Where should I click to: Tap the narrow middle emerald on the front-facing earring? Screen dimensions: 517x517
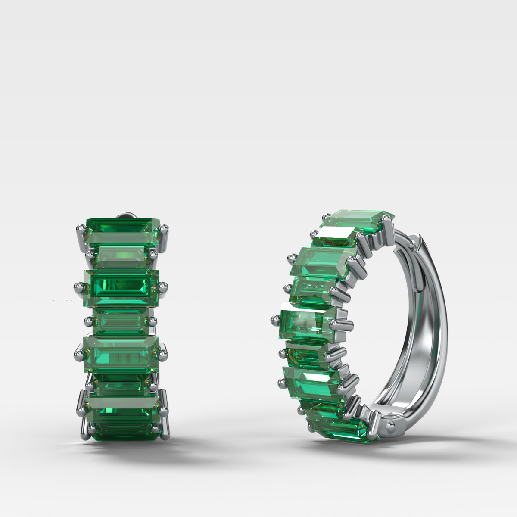point(121,321)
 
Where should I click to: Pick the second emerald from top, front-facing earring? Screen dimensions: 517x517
point(122,256)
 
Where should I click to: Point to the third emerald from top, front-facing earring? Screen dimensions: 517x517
point(122,287)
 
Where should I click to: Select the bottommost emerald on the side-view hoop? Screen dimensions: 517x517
point(345,427)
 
